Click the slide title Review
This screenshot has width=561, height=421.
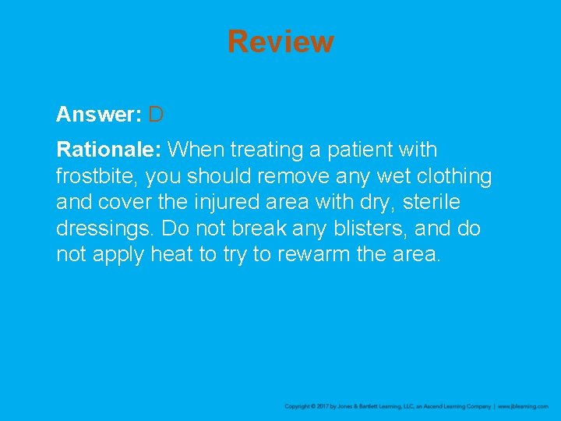coord(280,41)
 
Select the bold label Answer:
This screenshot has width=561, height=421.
coord(98,115)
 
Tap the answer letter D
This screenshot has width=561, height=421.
coord(156,115)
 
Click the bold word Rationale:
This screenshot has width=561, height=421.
coord(110,150)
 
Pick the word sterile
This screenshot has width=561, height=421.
coord(432,203)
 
